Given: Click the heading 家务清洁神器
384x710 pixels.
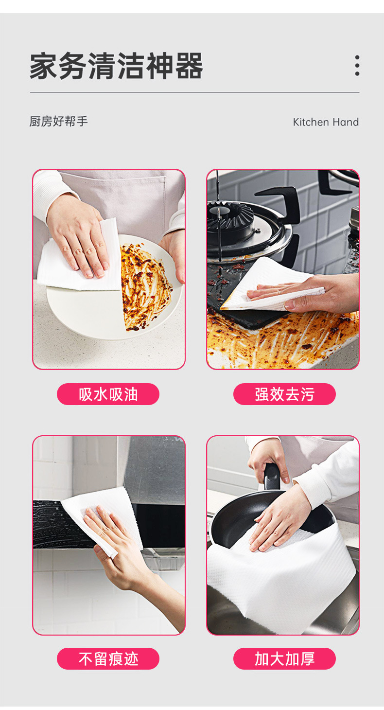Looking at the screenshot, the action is click(116, 66).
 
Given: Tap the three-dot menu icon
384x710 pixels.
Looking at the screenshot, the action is click(357, 66).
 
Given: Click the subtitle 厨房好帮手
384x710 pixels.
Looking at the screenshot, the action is click(59, 122).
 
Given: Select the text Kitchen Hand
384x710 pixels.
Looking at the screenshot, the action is click(326, 122).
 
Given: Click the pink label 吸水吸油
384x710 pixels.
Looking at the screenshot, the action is click(108, 394).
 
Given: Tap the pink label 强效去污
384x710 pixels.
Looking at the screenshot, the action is click(284, 394).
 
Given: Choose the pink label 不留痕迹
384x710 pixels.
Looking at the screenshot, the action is click(108, 658).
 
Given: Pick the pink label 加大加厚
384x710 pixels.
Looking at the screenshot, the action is click(284, 658).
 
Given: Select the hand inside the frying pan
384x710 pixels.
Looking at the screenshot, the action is click(279, 520).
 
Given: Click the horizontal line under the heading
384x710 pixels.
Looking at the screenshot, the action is click(194, 92).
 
